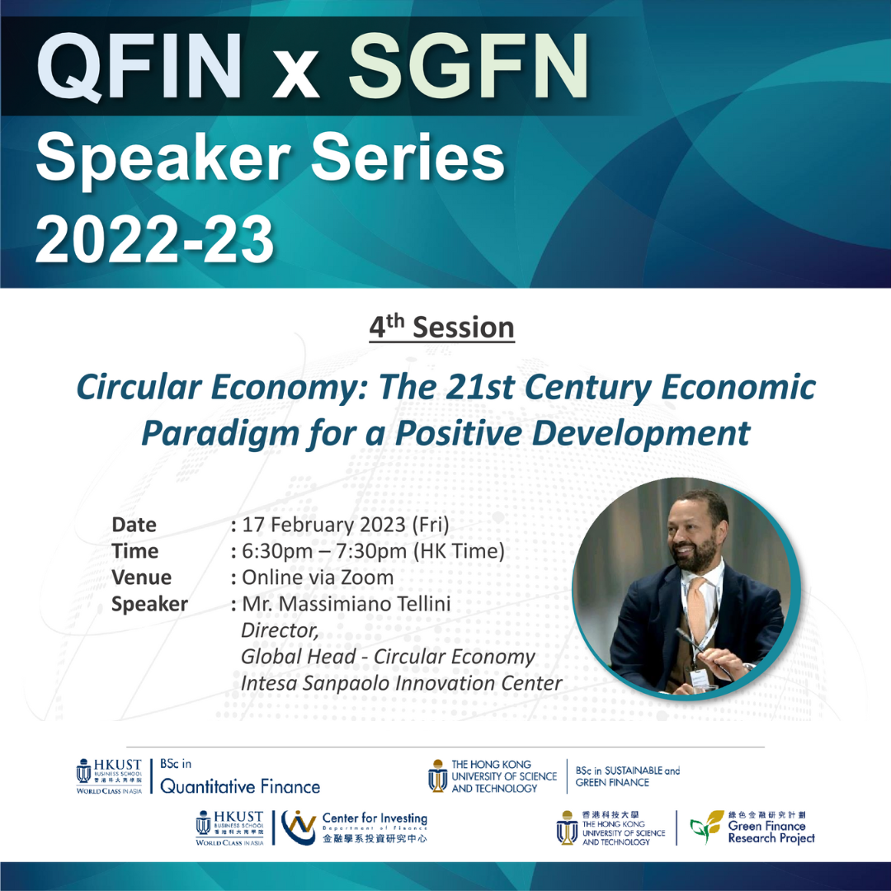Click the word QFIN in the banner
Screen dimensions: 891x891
coord(139,67)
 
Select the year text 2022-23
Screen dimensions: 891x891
coord(155,239)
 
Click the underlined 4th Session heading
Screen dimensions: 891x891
coord(441,327)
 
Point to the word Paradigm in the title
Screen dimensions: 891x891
coord(219,434)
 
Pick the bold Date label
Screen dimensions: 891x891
coord(134,525)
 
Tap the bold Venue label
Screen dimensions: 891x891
coord(142,577)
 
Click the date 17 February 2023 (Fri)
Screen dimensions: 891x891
coord(346,525)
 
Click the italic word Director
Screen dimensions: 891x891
coord(279,630)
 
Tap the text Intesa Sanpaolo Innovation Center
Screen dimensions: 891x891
coord(401,683)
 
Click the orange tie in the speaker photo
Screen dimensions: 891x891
coord(696,610)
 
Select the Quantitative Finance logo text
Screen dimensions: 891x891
coord(240,786)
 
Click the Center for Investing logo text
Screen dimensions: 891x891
coord(375,818)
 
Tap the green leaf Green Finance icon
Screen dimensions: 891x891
coord(706,827)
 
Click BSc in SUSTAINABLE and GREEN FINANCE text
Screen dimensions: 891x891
coord(627,776)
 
